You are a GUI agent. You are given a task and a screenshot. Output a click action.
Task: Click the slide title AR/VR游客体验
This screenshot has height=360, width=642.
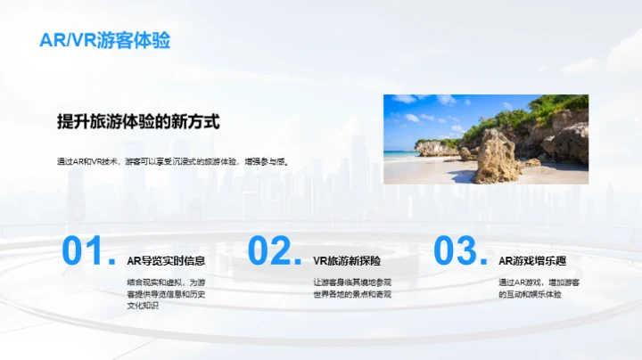[x=105, y=41]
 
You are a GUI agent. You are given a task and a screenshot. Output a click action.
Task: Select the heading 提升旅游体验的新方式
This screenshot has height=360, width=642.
[x=137, y=121]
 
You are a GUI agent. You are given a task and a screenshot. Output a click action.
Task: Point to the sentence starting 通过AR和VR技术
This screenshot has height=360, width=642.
[x=178, y=162]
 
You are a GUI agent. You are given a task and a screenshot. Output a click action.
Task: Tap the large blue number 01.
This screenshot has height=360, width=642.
[x=87, y=251]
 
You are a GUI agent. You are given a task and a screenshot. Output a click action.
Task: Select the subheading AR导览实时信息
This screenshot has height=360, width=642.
[x=166, y=261]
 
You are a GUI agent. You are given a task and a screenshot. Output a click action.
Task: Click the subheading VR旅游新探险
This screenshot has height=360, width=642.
[x=348, y=261]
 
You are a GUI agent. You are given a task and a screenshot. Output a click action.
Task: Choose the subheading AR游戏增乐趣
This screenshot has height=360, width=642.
[x=532, y=261]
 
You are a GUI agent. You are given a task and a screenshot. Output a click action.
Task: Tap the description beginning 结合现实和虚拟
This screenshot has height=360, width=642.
[x=166, y=294]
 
